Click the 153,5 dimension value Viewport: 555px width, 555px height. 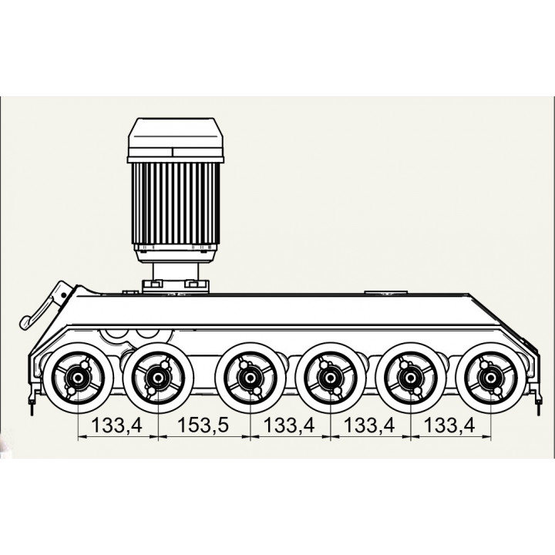click(203, 425)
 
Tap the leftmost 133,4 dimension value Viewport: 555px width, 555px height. click(117, 425)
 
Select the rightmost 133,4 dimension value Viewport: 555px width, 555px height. click(449, 425)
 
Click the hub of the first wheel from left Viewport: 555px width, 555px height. click(78, 378)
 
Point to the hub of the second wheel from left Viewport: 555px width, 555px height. click(158, 378)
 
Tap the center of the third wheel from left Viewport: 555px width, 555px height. click(250, 378)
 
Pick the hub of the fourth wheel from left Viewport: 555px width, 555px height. click(330, 378)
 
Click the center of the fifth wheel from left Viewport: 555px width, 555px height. click(410, 378)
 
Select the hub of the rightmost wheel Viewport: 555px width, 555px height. click(490, 378)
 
